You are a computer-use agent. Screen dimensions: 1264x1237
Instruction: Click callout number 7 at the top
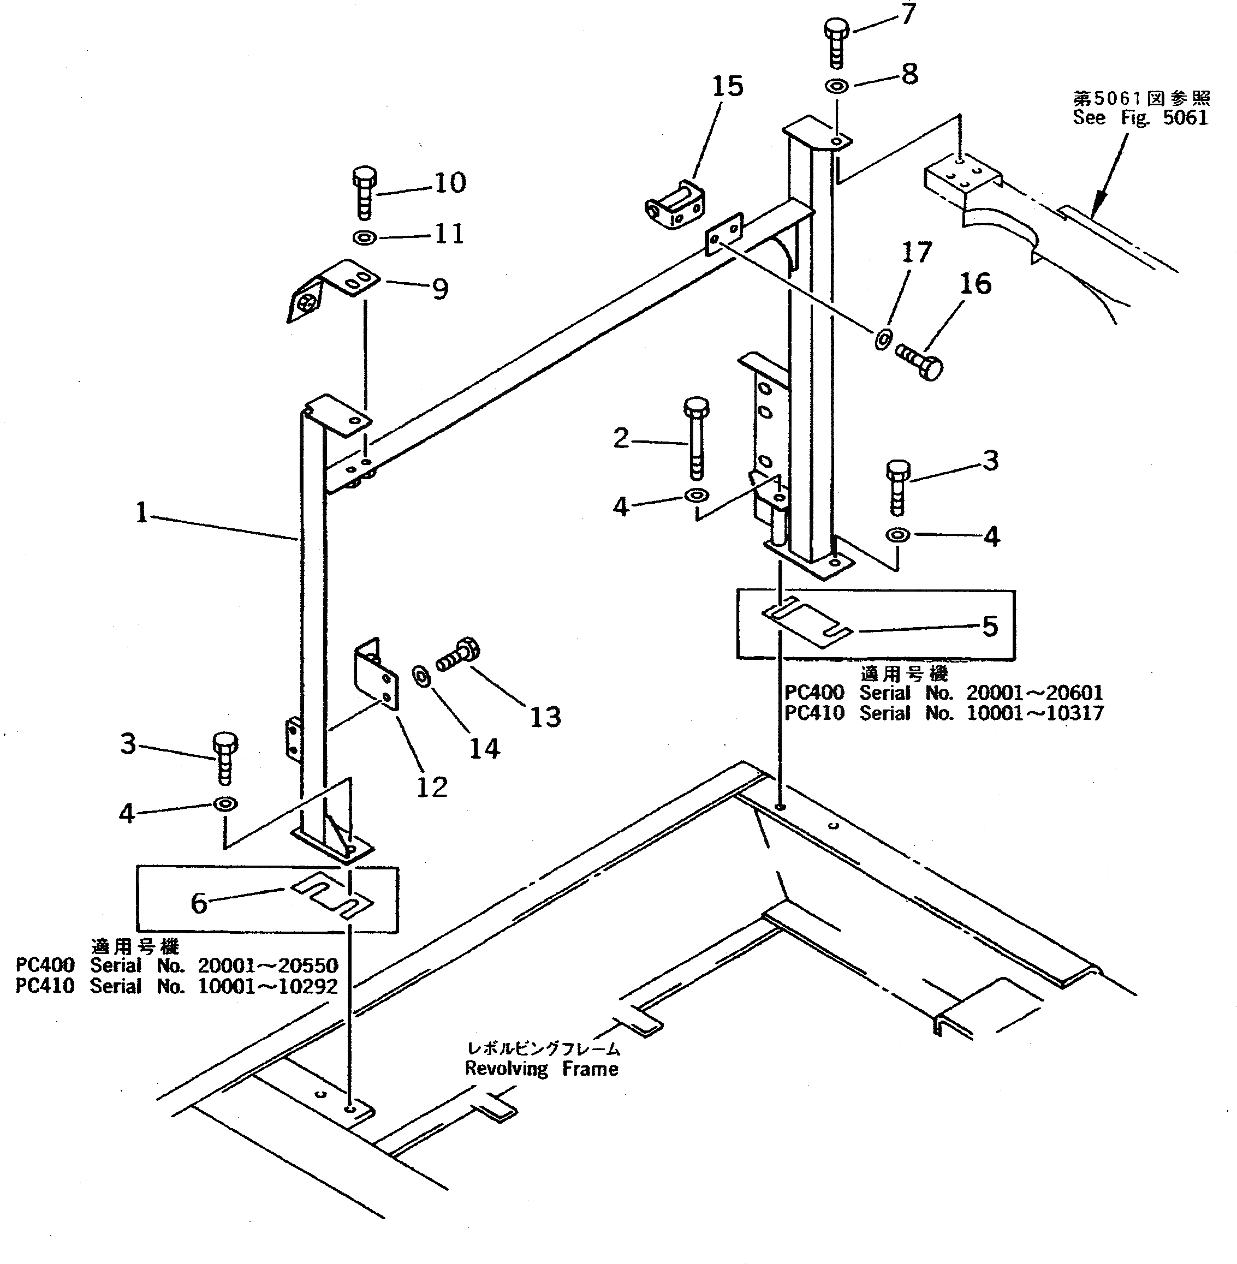coord(908,13)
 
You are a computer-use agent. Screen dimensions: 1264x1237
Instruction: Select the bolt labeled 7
coord(837,42)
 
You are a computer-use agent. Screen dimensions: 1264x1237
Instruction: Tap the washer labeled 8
coord(837,85)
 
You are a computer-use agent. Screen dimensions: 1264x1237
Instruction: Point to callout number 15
coord(727,86)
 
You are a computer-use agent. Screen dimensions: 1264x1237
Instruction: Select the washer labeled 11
coord(365,238)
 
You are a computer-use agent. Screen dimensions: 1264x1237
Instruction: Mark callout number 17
coord(916,253)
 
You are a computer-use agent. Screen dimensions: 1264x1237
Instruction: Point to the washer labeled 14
coord(421,676)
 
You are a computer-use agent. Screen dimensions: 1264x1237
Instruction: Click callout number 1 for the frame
coord(141,512)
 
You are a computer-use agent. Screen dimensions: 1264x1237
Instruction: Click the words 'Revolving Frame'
coord(541,1069)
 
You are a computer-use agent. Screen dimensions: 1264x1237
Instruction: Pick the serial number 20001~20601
coord(1034,693)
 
